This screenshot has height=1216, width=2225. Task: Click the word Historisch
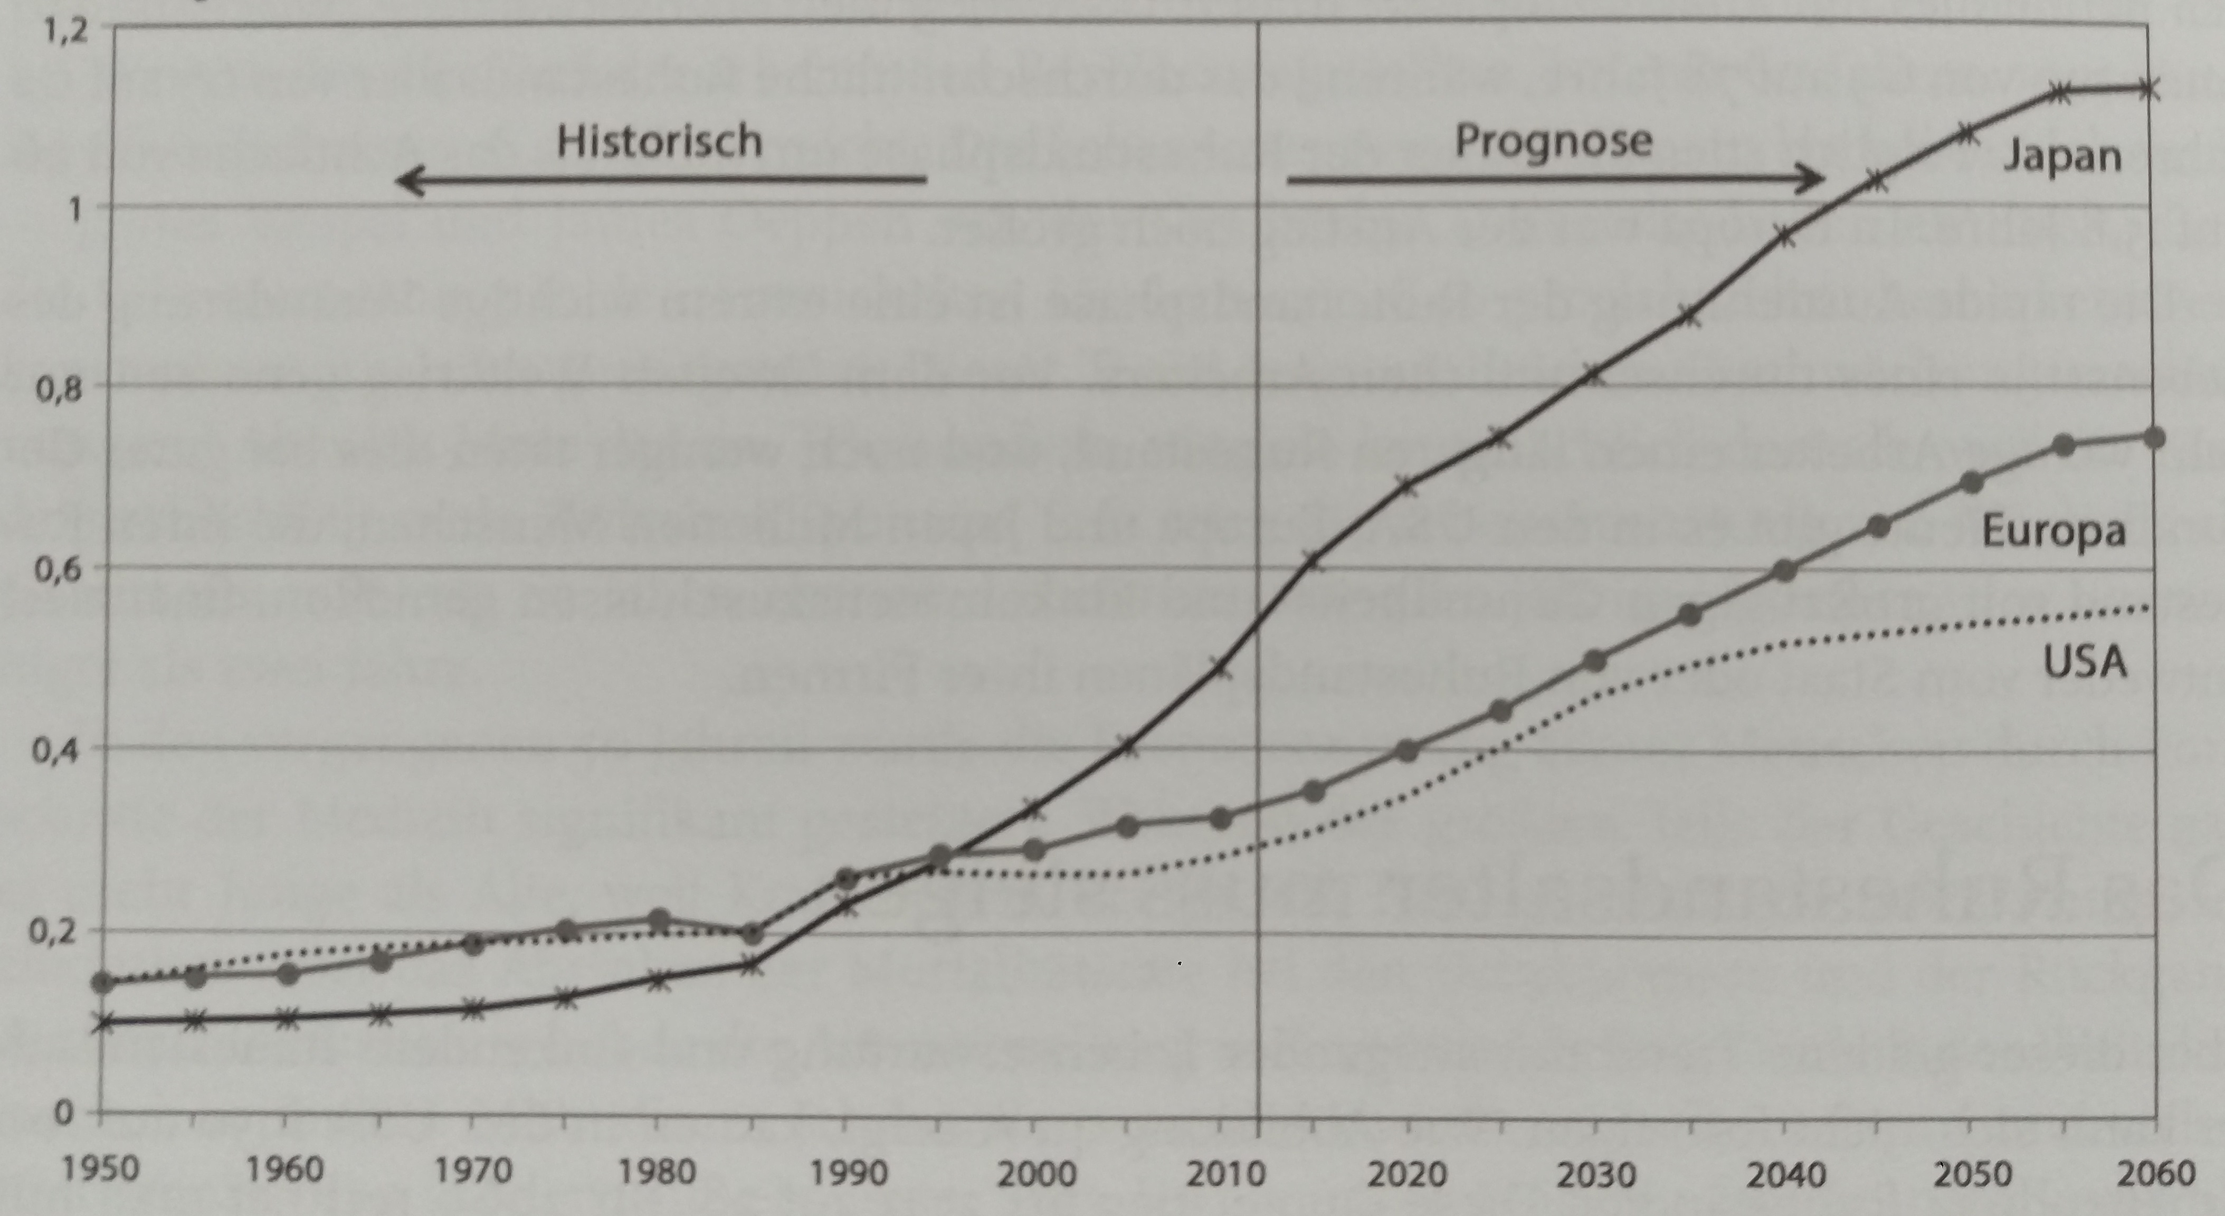659,141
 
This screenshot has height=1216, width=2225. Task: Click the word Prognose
1553,141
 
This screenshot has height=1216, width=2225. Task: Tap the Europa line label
2053,530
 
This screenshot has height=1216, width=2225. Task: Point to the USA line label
2084,662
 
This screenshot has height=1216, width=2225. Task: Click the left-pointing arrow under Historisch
661,180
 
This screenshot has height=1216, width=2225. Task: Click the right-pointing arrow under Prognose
1555,180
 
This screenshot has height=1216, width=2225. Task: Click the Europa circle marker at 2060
2154,438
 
